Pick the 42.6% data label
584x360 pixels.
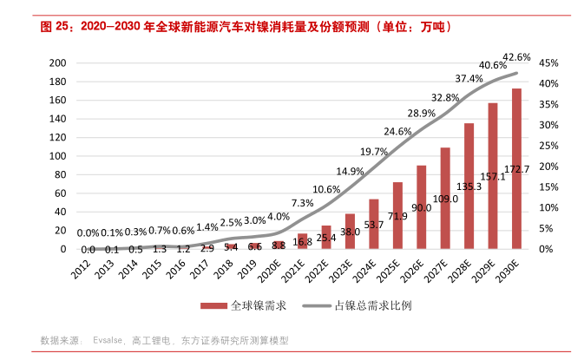click(517, 56)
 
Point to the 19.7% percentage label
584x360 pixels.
click(374, 152)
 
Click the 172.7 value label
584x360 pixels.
click(517, 167)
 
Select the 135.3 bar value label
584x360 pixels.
click(469, 186)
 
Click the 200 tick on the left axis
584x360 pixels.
click(58, 63)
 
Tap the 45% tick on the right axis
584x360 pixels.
click(548, 63)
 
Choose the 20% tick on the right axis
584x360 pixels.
click(548, 167)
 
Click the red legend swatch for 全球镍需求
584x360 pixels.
click(213, 306)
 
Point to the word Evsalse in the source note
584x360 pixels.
click(110, 341)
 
